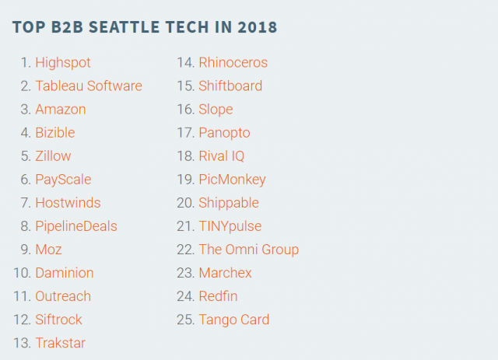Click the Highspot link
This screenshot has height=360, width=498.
(x=63, y=62)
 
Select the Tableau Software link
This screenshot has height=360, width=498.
(x=89, y=86)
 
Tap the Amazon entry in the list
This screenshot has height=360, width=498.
(x=61, y=109)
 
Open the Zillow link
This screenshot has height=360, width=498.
(x=53, y=156)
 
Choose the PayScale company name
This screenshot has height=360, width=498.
(x=63, y=179)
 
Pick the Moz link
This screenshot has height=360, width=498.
(x=48, y=250)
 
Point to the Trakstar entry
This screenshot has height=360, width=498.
(x=61, y=343)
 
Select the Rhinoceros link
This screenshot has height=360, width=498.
(x=233, y=62)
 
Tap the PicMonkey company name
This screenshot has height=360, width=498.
(x=232, y=179)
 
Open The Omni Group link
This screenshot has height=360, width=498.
(x=248, y=250)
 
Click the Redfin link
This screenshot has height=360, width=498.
(x=218, y=296)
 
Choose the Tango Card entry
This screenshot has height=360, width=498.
(x=233, y=320)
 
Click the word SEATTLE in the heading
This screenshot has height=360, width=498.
(x=124, y=27)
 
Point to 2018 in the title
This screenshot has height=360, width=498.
(x=257, y=27)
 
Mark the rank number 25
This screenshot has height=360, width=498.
(x=185, y=320)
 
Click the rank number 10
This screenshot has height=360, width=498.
(x=21, y=273)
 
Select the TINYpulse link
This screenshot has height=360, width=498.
(x=230, y=226)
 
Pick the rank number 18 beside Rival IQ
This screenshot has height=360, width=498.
(x=185, y=156)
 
